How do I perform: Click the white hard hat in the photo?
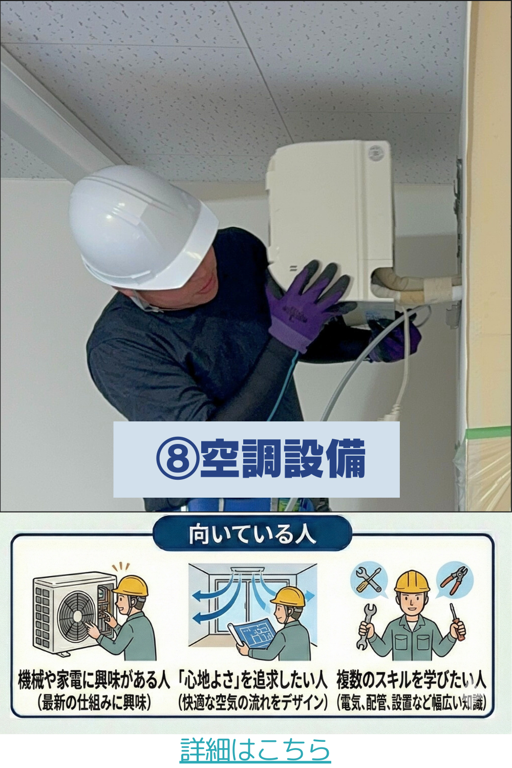click(142, 226)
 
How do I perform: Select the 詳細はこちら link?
click(255, 749)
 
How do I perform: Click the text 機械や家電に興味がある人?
click(94, 681)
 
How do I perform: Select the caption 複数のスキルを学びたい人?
click(411, 681)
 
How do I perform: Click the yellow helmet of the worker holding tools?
click(412, 581)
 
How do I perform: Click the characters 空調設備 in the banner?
click(283, 459)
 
